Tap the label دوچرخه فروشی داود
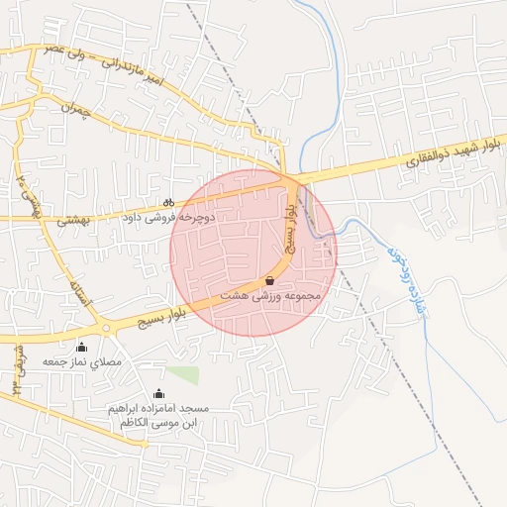pyautogui.click(x=167, y=215)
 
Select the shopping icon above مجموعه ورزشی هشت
pyautogui.click(x=269, y=281)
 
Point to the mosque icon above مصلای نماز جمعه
pyautogui.click(x=81, y=348)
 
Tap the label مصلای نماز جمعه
pyautogui.click(x=81, y=362)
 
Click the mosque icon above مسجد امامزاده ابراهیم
pyautogui.click(x=158, y=394)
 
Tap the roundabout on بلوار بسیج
pyautogui.click(x=105, y=329)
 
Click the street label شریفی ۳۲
pyautogui.click(x=19, y=369)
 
